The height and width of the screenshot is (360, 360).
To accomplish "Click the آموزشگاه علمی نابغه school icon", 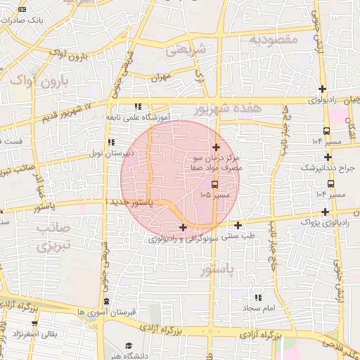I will [138, 107].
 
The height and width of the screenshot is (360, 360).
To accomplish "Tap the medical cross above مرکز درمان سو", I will [216, 147].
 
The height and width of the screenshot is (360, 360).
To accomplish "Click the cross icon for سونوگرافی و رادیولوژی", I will [184, 227].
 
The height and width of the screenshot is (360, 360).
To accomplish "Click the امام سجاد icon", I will [257, 297].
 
